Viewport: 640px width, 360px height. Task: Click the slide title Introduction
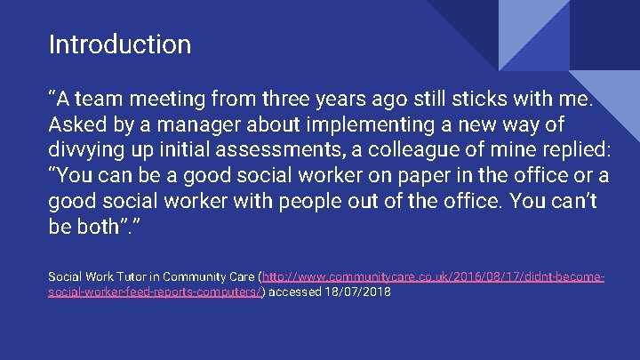click(120, 44)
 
